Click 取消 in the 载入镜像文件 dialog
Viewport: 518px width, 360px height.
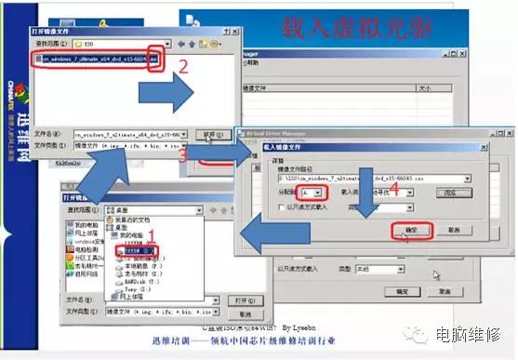pyautogui.click(x=453, y=229)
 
